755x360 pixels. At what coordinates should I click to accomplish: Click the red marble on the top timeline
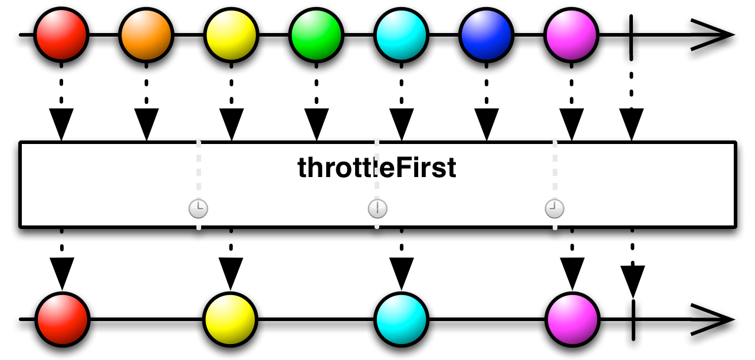(x=61, y=34)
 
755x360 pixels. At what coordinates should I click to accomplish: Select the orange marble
(x=146, y=34)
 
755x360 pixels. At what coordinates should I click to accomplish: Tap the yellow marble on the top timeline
(x=231, y=34)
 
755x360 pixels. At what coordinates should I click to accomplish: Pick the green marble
(x=316, y=34)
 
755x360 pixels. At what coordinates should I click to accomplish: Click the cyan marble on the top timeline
(x=401, y=34)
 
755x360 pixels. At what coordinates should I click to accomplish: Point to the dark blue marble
(x=486, y=34)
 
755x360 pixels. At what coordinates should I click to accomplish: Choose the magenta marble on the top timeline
(x=571, y=34)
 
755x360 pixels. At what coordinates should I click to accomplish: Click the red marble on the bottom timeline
(x=61, y=319)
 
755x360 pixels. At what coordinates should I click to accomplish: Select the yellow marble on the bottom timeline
(x=231, y=319)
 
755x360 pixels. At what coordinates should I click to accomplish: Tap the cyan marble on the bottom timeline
(x=401, y=319)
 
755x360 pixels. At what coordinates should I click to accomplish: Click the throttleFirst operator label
(x=377, y=168)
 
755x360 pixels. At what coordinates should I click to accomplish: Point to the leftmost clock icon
(x=199, y=208)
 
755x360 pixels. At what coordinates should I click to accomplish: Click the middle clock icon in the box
(x=377, y=208)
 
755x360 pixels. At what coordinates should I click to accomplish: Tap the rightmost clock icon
(x=554, y=208)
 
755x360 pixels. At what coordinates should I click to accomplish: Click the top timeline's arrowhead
(x=714, y=35)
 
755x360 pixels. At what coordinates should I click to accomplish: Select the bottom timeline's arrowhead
(x=714, y=319)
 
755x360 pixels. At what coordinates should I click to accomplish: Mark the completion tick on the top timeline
(x=632, y=35)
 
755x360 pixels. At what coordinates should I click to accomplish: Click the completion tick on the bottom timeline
(x=632, y=319)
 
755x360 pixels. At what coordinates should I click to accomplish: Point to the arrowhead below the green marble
(x=316, y=125)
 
